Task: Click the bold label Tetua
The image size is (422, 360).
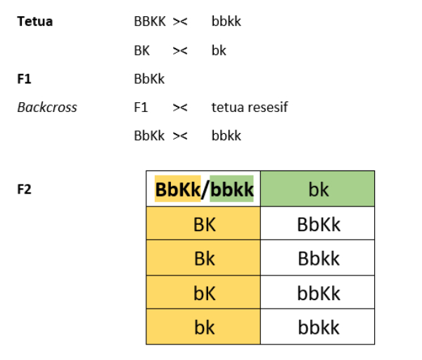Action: pos(34,21)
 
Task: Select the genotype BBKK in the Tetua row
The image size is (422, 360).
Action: pos(150,21)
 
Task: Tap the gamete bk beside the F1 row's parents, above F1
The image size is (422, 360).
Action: pos(219,50)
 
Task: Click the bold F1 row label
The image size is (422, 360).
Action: pos(24,79)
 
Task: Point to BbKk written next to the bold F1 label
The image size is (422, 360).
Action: pos(149,79)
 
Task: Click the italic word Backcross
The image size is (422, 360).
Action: pos(47,107)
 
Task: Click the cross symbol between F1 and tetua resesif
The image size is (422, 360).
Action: pos(180,108)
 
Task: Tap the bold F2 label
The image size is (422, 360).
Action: pos(24,189)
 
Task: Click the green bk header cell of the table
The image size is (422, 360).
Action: pos(318,189)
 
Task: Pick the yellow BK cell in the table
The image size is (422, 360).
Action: pos(203,223)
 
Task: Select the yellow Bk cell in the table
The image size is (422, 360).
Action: pos(203,258)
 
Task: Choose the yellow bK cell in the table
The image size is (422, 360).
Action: pos(203,292)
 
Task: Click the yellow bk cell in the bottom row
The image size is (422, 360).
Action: pos(203,327)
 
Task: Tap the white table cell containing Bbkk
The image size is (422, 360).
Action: pos(318,258)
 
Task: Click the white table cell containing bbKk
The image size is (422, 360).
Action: pos(318,292)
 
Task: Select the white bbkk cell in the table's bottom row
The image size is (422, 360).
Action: pos(318,327)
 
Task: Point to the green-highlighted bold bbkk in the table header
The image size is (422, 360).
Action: pos(231,189)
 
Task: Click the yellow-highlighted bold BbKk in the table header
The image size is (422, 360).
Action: pos(178,189)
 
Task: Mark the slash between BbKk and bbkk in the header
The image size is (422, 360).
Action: pos(205,190)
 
